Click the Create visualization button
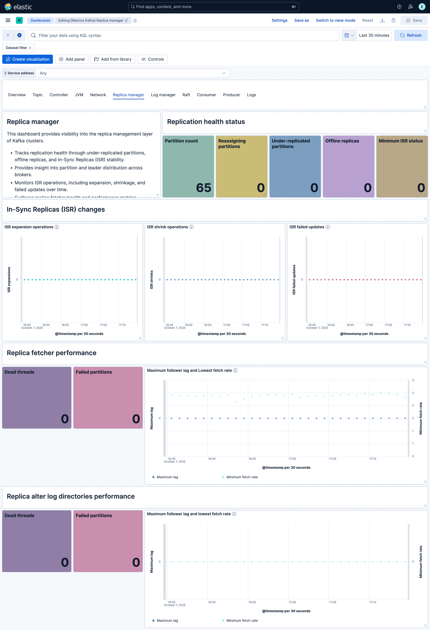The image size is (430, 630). [x=28, y=59]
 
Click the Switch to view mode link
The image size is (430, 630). [x=335, y=20]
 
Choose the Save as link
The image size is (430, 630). [x=301, y=20]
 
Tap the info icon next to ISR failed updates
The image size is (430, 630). [x=328, y=227]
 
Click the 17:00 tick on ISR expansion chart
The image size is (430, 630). [x=84, y=325]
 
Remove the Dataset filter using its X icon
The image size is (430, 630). [x=30, y=48]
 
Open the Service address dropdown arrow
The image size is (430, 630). [x=224, y=73]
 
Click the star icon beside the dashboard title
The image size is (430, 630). [x=135, y=21]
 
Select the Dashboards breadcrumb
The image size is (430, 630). [x=40, y=20]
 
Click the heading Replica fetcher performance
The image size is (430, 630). [x=51, y=353]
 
